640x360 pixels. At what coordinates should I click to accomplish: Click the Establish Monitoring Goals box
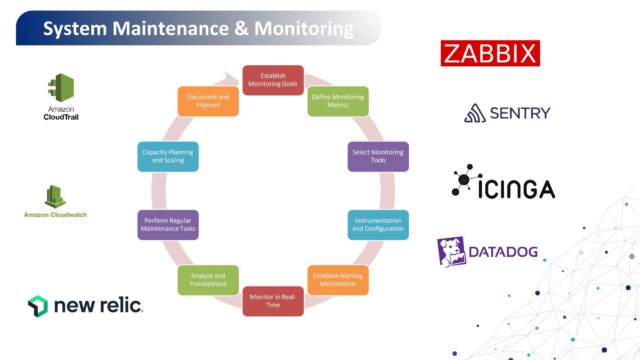click(x=273, y=80)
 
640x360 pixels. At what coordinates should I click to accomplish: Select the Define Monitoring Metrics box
click(x=338, y=101)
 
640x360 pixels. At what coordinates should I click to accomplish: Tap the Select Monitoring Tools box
click(x=378, y=156)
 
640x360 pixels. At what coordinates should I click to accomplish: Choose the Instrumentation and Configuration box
click(x=378, y=225)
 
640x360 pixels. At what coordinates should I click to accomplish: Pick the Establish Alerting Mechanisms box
click(x=338, y=280)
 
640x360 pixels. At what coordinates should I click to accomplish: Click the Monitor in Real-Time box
click(x=273, y=301)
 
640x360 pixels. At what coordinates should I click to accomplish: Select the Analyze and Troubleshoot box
click(x=208, y=280)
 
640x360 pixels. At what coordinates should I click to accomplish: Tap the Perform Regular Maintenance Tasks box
click(x=168, y=225)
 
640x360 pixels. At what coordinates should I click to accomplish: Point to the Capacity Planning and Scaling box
click(x=168, y=156)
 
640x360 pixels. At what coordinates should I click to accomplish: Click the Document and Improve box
click(x=208, y=101)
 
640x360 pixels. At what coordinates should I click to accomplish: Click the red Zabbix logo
click(x=490, y=53)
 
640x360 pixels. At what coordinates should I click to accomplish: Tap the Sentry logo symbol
click(x=475, y=113)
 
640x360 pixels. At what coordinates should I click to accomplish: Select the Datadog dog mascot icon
click(x=451, y=251)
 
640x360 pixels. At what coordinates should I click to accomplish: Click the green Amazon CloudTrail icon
click(x=62, y=88)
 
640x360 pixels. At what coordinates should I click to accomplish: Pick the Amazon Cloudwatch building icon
click(x=55, y=197)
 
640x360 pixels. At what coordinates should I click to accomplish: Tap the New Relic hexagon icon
click(x=38, y=306)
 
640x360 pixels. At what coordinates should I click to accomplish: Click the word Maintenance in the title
click(x=170, y=29)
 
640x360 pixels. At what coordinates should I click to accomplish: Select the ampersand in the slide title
click(x=241, y=29)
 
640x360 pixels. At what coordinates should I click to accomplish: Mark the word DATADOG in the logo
click(x=503, y=252)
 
